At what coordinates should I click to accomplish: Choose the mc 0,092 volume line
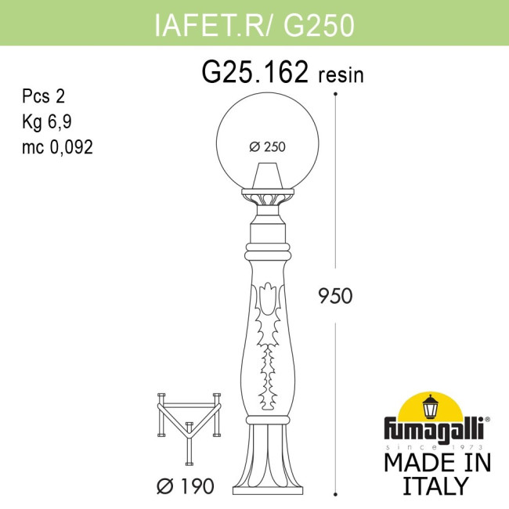57,146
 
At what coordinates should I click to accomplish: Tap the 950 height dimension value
335,296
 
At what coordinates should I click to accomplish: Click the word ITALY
435,485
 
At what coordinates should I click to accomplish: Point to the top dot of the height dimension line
335,94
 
